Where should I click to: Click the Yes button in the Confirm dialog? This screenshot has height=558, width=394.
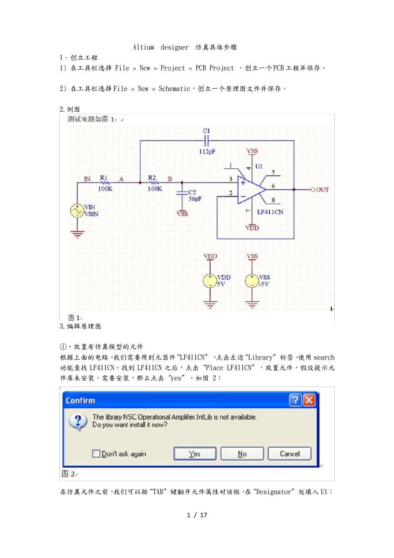pos(195,454)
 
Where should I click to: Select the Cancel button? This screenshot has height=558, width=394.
pos(289,454)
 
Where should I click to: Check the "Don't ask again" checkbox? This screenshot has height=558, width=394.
pos(96,454)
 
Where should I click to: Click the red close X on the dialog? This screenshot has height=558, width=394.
pos(309,400)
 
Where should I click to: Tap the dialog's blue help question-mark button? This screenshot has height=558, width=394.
pos(295,400)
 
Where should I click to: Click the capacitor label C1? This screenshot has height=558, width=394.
pos(207,131)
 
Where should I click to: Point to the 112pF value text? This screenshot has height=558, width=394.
pos(207,152)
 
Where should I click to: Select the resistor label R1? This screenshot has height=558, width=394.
pos(104,178)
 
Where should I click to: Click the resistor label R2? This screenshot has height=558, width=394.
pos(152,178)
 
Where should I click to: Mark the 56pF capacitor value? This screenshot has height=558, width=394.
pos(195,199)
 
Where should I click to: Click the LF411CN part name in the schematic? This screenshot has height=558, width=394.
pos(270,212)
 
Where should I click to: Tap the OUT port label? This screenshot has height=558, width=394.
pos(322,190)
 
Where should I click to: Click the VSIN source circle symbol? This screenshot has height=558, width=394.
pos(77,210)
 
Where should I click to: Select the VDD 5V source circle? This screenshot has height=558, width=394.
pos(210,281)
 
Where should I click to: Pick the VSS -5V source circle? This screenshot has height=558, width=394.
pos(252,281)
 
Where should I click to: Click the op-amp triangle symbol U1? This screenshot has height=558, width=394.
pos(250,189)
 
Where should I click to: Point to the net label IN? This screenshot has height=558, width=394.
pos(87,179)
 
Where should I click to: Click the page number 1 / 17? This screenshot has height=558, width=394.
pos(197,515)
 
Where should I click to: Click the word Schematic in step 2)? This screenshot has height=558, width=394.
pos(174,89)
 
